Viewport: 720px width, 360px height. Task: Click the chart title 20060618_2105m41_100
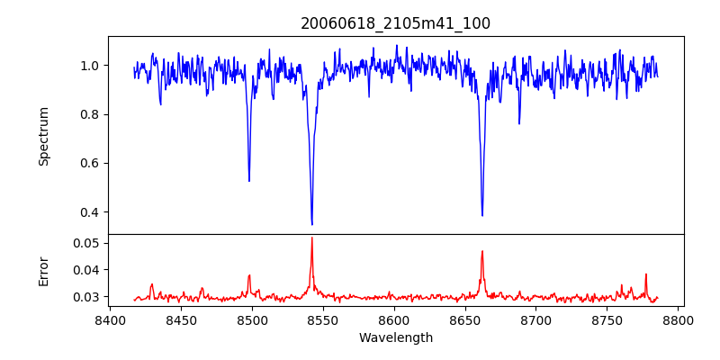pos(395,24)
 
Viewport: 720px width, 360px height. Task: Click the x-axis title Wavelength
pos(395,337)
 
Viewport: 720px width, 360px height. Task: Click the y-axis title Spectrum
pos(44,136)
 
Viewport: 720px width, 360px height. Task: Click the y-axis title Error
pos(44,270)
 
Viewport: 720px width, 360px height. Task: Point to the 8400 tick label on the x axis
pos(110,319)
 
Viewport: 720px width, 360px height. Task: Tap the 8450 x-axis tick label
pos(181,319)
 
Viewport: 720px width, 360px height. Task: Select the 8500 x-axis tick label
pos(252,319)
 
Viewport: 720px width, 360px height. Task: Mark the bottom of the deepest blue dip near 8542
pos(312,224)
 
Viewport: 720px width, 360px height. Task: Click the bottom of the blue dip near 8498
pos(249,181)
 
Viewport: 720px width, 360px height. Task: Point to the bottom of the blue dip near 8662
pos(482,215)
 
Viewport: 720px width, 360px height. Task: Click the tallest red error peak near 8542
pos(312,238)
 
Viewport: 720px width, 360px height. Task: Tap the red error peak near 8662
pos(482,251)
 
